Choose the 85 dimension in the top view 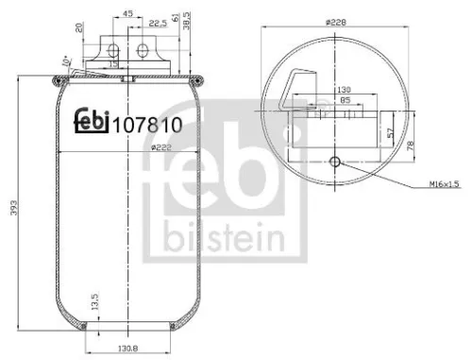[333, 99]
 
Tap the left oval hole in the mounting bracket [118, 50]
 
